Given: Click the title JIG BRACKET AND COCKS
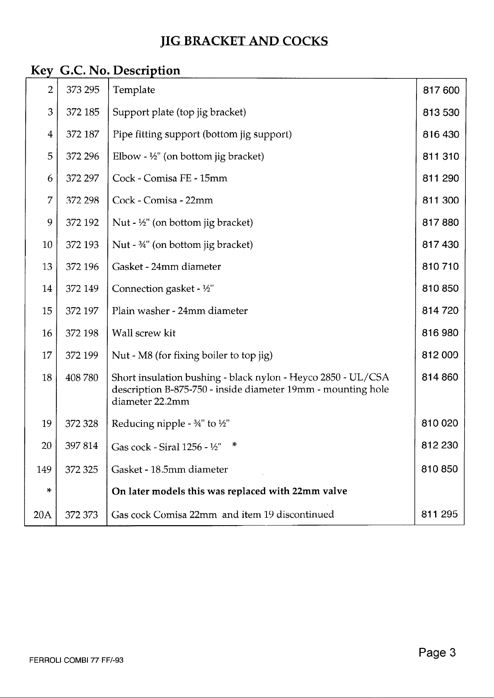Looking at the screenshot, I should click(x=244, y=41).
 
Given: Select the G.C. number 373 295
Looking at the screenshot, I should click(x=82, y=90).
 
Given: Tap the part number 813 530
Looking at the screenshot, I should click(x=441, y=112).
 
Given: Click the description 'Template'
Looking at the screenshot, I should click(x=134, y=90).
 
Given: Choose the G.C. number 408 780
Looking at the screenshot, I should click(x=82, y=378).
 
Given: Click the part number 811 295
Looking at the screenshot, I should click(x=440, y=514).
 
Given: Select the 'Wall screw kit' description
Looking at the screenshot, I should click(x=144, y=333).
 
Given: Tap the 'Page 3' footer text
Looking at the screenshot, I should click(x=437, y=653).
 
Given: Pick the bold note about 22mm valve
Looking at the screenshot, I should click(x=230, y=491).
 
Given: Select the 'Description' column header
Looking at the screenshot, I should click(x=147, y=70).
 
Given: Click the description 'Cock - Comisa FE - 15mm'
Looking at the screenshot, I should click(x=170, y=178).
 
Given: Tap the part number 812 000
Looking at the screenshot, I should click(x=440, y=355).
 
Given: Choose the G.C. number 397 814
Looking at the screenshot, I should click(x=82, y=446).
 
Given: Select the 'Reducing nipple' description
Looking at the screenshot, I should click(x=171, y=424).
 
